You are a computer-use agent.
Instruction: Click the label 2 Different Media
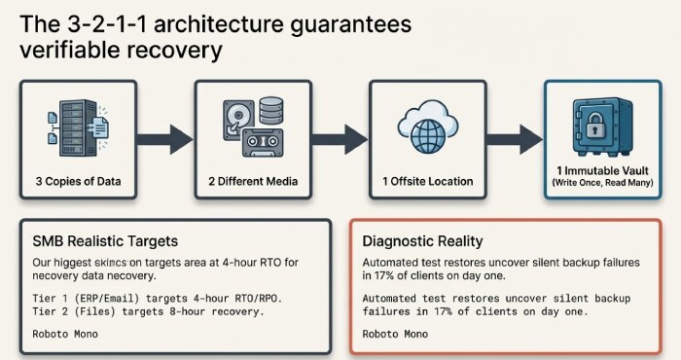tap(253, 181)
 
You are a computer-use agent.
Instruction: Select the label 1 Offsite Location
tap(427, 181)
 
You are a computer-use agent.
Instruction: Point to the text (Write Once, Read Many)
tap(602, 183)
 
